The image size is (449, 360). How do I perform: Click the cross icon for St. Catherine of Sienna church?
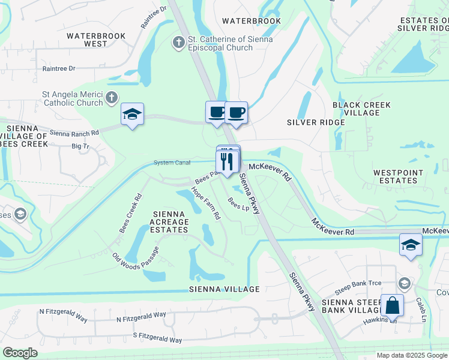pos(178,42)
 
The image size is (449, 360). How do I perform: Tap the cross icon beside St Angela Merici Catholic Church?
pos(111,97)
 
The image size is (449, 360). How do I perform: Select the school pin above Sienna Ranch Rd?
pos(132,114)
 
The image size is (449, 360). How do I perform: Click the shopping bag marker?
pos(392,305)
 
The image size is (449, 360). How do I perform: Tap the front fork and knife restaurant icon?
pos(227,161)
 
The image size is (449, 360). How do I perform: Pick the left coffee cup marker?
pos(217,111)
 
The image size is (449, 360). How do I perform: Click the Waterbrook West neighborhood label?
pos(96,40)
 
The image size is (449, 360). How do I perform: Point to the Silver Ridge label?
pos(316,122)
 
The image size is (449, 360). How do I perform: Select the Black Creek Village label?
pos(361,109)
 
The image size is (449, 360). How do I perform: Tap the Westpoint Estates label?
pos(398,177)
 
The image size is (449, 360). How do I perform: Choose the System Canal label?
pos(172,163)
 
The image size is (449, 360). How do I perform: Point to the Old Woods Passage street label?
pos(136,259)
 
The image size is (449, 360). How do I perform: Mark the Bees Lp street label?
pos(238,205)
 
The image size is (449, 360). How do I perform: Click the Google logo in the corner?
pos(20,353)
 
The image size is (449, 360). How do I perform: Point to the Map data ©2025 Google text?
pos(411,355)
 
